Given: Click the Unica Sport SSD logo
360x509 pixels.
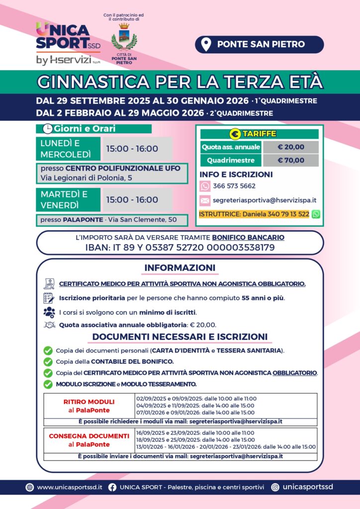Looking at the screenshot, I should pyautogui.click(x=68, y=44).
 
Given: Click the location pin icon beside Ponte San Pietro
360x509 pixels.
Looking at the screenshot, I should pyautogui.click(x=205, y=44).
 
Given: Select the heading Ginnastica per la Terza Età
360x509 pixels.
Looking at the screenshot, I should pyautogui.click(x=180, y=81).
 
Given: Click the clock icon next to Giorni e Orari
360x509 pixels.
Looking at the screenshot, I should pyautogui.click(x=48, y=129).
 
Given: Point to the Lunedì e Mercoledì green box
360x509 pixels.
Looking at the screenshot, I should pyautogui.click(x=68, y=149).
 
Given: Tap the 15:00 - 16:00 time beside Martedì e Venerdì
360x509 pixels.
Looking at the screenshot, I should pyautogui.click(x=132, y=200).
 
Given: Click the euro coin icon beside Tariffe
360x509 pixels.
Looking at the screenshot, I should pyautogui.click(x=235, y=134).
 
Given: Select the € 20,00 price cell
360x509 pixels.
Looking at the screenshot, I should pyautogui.click(x=291, y=147).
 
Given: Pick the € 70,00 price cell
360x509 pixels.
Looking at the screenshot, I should pyautogui.click(x=291, y=161).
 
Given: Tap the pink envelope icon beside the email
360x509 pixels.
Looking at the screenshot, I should pyautogui.click(x=205, y=201).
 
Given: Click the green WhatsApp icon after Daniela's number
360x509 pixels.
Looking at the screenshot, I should pyautogui.click(x=316, y=214).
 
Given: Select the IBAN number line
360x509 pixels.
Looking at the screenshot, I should pyautogui.click(x=180, y=247).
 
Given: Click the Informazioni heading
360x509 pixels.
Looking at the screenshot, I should pyautogui.click(x=180, y=268).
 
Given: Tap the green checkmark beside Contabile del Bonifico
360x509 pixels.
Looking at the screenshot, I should pyautogui.click(x=48, y=361).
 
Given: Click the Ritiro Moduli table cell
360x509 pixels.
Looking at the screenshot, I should pyautogui.click(x=89, y=406).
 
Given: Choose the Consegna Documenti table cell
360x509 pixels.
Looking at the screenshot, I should pyautogui.click(x=89, y=440).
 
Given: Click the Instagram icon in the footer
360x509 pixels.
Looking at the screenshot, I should pyautogui.click(x=275, y=487).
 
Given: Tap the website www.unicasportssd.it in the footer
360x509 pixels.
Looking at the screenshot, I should pyautogui.click(x=70, y=487).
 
